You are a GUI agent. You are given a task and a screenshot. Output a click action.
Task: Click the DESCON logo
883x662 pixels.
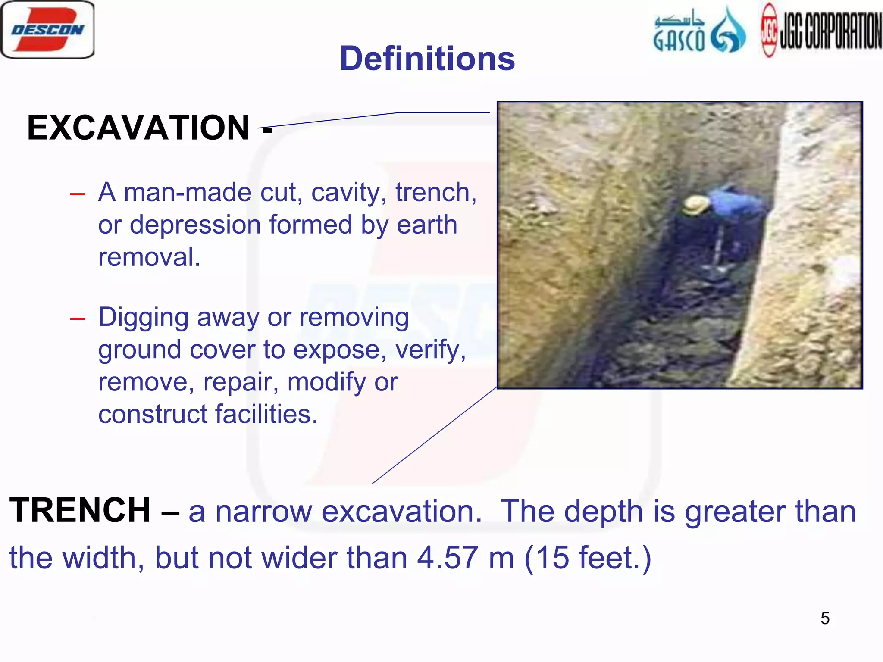point(47,29)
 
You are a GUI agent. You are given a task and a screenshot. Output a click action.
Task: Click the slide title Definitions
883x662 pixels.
point(427,59)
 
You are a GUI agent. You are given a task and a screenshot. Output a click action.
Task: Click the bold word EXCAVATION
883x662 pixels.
point(138,128)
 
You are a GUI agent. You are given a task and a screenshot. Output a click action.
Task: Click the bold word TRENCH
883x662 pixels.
point(80,510)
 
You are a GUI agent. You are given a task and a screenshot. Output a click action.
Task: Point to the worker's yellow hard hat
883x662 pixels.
point(695,204)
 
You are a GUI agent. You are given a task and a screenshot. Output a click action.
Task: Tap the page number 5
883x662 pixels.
point(825,618)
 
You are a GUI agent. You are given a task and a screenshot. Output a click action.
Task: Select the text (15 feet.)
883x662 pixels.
point(588,558)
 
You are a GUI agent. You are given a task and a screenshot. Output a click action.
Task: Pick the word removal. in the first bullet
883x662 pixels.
point(149,257)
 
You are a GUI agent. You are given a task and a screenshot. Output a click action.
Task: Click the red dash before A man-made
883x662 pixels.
point(78,194)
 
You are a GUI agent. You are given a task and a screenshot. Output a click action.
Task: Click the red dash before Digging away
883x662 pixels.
point(78,319)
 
